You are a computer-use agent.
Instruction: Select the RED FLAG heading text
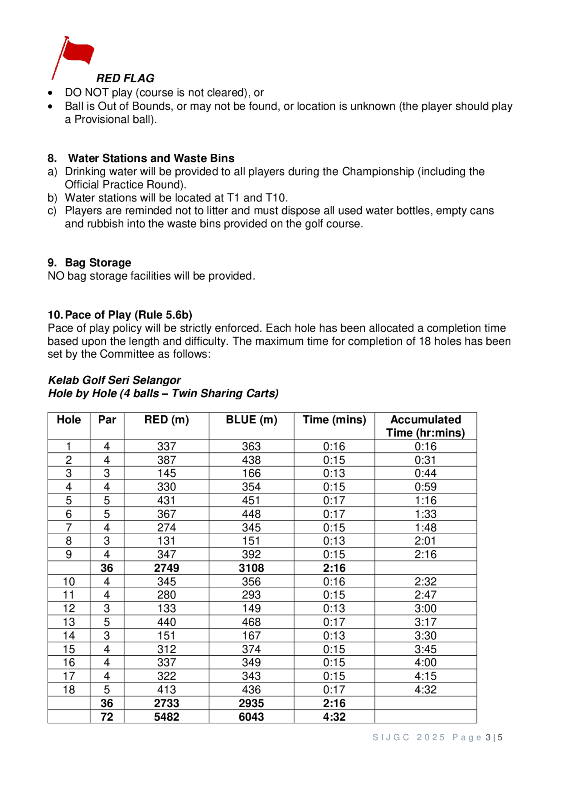point(125,78)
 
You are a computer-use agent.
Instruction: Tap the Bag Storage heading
point(98,263)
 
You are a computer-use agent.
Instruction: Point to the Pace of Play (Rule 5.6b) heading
point(128,315)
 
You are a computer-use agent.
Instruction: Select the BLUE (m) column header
point(251,420)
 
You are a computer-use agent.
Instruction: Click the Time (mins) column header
point(334,420)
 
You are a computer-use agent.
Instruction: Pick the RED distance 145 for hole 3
point(167,473)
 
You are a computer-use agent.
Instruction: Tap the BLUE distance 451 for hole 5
point(251,500)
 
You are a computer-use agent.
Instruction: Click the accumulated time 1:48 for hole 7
point(425,527)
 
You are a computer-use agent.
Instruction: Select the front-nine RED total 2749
point(167,568)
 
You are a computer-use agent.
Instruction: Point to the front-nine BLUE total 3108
point(251,568)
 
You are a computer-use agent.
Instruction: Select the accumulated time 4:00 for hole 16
point(425,663)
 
